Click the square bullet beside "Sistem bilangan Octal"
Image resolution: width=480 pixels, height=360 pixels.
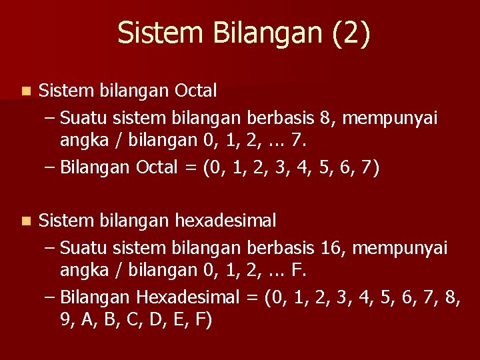click(x=25, y=90)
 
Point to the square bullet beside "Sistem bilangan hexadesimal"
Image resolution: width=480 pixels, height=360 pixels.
click(x=25, y=221)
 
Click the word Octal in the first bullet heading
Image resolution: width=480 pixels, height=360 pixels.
click(x=195, y=90)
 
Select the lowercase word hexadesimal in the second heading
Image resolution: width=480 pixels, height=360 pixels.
click(x=226, y=221)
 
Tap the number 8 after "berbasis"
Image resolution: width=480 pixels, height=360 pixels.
click(x=325, y=119)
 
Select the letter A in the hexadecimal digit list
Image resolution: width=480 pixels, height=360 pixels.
click(x=87, y=321)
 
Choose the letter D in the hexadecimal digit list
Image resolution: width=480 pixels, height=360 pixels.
click(x=153, y=321)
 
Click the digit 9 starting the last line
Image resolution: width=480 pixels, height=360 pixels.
click(x=65, y=321)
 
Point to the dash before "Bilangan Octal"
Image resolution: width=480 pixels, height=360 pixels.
click(x=50, y=167)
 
